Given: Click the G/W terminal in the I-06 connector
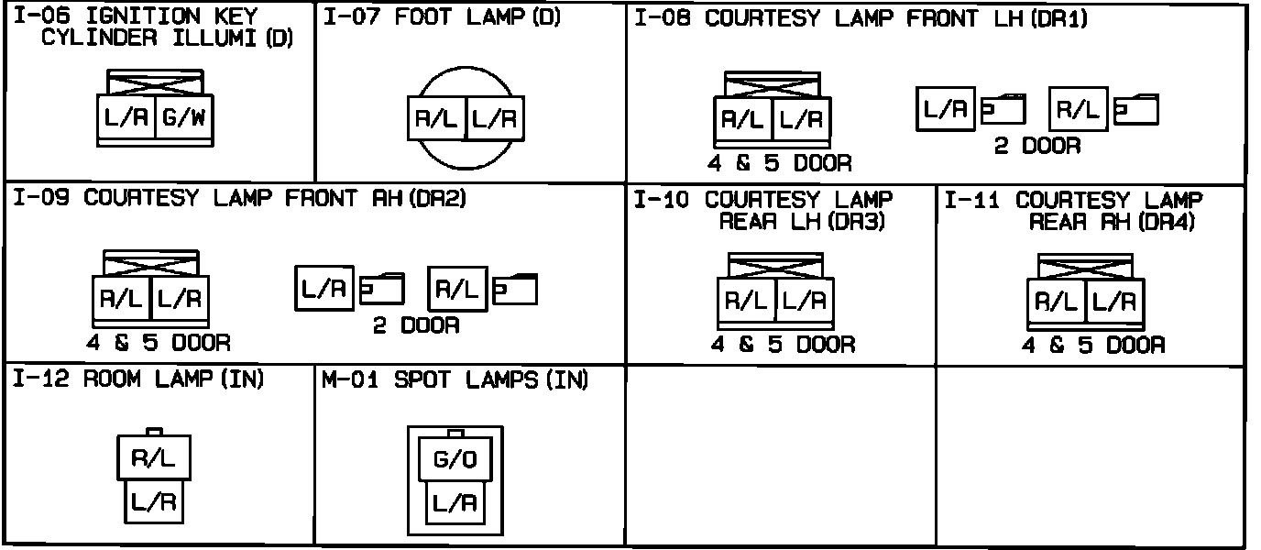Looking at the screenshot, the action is (x=183, y=117).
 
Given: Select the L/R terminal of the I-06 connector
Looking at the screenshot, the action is (x=126, y=117).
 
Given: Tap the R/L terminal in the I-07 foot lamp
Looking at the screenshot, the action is (x=437, y=119).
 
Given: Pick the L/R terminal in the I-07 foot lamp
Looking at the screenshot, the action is (x=495, y=119).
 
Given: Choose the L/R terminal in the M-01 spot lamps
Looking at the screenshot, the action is (x=455, y=502).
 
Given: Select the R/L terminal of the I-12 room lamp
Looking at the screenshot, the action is (x=153, y=458).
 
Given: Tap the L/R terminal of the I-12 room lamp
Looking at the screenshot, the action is (x=153, y=501).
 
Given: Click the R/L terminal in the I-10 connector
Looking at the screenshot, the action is (x=746, y=300).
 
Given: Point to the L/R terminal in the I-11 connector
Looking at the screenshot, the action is (x=1114, y=302).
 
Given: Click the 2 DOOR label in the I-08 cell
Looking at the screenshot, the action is (x=1037, y=146).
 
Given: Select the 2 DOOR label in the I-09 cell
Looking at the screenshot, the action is (x=415, y=325).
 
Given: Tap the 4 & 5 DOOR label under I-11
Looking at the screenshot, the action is (x=1093, y=346).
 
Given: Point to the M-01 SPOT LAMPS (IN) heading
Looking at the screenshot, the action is (x=455, y=380).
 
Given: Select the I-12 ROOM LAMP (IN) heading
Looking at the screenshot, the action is (x=138, y=380).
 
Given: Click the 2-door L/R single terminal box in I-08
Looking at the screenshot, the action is (x=945, y=110).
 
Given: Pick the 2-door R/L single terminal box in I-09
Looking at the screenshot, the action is (x=456, y=291).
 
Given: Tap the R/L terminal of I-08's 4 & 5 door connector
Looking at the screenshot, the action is (x=743, y=119).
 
